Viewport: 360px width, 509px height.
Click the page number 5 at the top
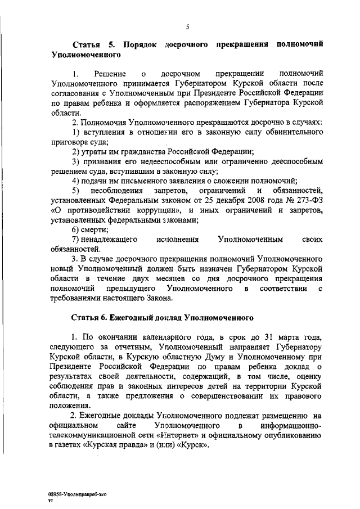tap(187, 26)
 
